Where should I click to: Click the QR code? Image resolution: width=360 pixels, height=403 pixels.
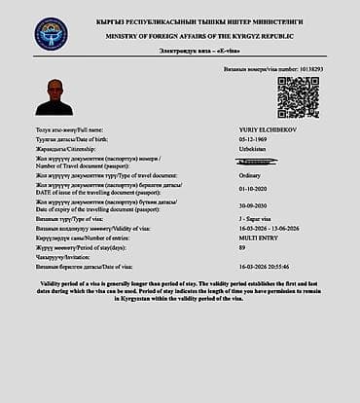point(298,97)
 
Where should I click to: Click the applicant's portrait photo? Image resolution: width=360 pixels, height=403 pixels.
point(54,96)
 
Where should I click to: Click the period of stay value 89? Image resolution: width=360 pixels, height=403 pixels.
point(242,247)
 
